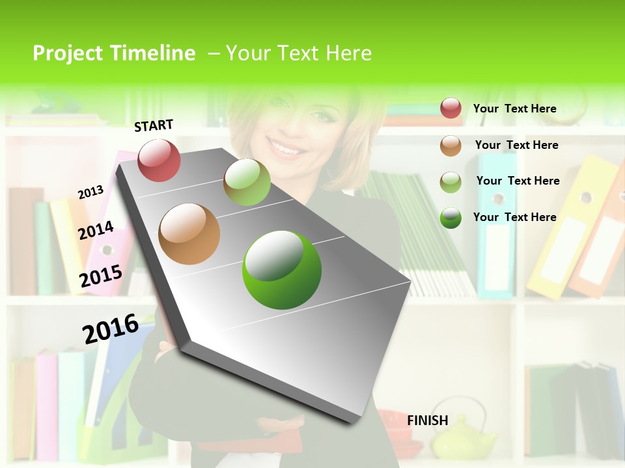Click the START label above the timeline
click(154, 125)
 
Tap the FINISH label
click(428, 421)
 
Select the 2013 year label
click(90, 192)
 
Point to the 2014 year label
click(96, 231)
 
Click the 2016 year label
click(111, 328)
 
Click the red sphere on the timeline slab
click(159, 160)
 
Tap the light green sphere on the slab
click(247, 181)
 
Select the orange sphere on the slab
click(189, 234)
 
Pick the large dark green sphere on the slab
click(282, 270)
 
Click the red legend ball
click(451, 108)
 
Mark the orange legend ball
click(451, 145)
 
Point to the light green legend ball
click(451, 181)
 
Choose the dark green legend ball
click(451, 217)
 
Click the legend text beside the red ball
click(514, 109)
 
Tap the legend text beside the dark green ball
click(514, 217)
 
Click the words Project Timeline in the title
click(114, 53)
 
